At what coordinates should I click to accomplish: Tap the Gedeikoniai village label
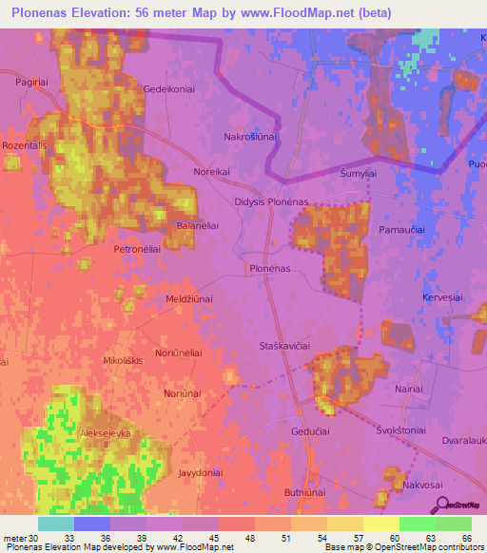pyautogui.click(x=169, y=88)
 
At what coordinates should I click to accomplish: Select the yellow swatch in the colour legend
pyautogui.click(x=380, y=524)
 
